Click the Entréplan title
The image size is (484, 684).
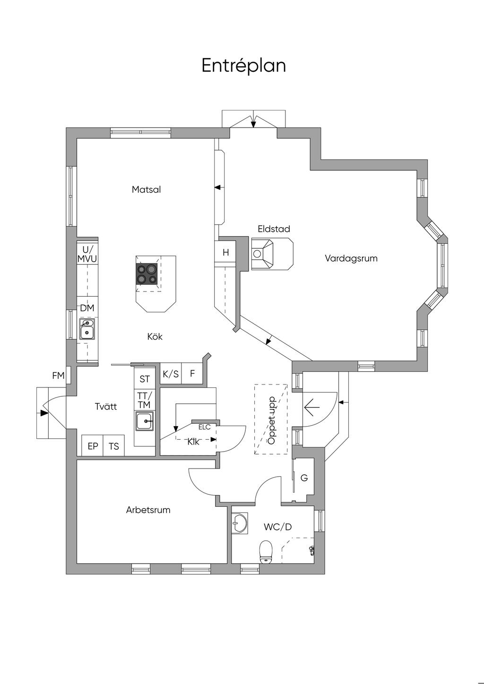(244, 65)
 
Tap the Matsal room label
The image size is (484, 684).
(146, 189)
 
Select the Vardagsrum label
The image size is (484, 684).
(351, 258)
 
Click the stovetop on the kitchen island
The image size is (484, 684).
(147, 274)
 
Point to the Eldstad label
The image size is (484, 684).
(274, 229)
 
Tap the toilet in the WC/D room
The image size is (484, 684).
(266, 551)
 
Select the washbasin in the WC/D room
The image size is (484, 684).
(239, 523)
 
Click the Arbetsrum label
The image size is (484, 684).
(148, 510)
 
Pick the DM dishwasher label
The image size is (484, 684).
(87, 308)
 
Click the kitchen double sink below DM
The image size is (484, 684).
(87, 329)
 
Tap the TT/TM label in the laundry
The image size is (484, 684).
(144, 400)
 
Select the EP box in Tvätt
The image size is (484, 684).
(93, 445)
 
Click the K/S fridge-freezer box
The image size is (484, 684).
(171, 374)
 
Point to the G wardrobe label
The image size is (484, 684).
(304, 478)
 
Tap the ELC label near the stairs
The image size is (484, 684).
(204, 427)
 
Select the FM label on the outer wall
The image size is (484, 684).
(58, 376)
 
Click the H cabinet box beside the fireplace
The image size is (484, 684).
(225, 252)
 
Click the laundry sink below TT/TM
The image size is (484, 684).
(145, 421)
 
